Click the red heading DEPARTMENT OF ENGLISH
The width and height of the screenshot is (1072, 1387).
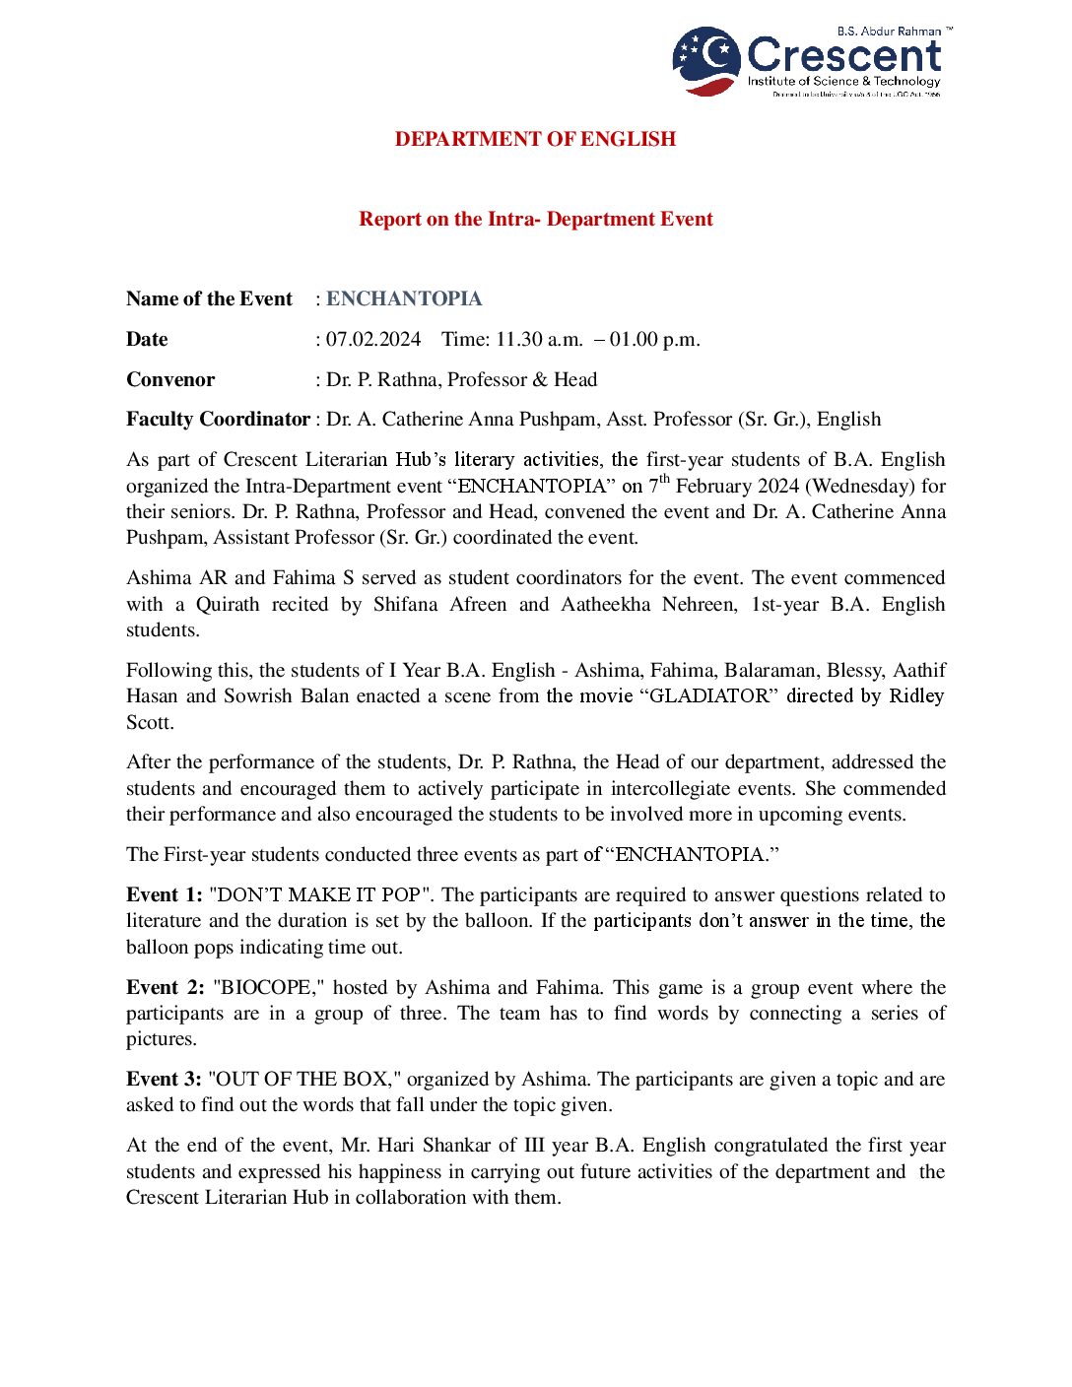(x=535, y=139)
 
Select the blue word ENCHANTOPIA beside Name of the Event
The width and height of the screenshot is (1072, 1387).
(x=404, y=298)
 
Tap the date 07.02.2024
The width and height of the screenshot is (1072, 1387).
(x=373, y=339)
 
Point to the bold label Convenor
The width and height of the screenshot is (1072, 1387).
(x=170, y=379)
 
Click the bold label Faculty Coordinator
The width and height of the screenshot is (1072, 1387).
(x=218, y=419)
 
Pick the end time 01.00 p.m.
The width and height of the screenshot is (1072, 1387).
(x=655, y=339)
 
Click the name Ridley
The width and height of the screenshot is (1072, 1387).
(x=916, y=695)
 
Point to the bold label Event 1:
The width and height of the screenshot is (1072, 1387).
(x=164, y=894)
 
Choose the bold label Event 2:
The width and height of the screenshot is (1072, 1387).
(x=165, y=987)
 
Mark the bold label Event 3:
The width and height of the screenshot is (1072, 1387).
(x=164, y=1079)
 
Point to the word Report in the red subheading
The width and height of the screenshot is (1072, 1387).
(x=390, y=219)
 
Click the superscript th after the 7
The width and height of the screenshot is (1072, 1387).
(x=664, y=480)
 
